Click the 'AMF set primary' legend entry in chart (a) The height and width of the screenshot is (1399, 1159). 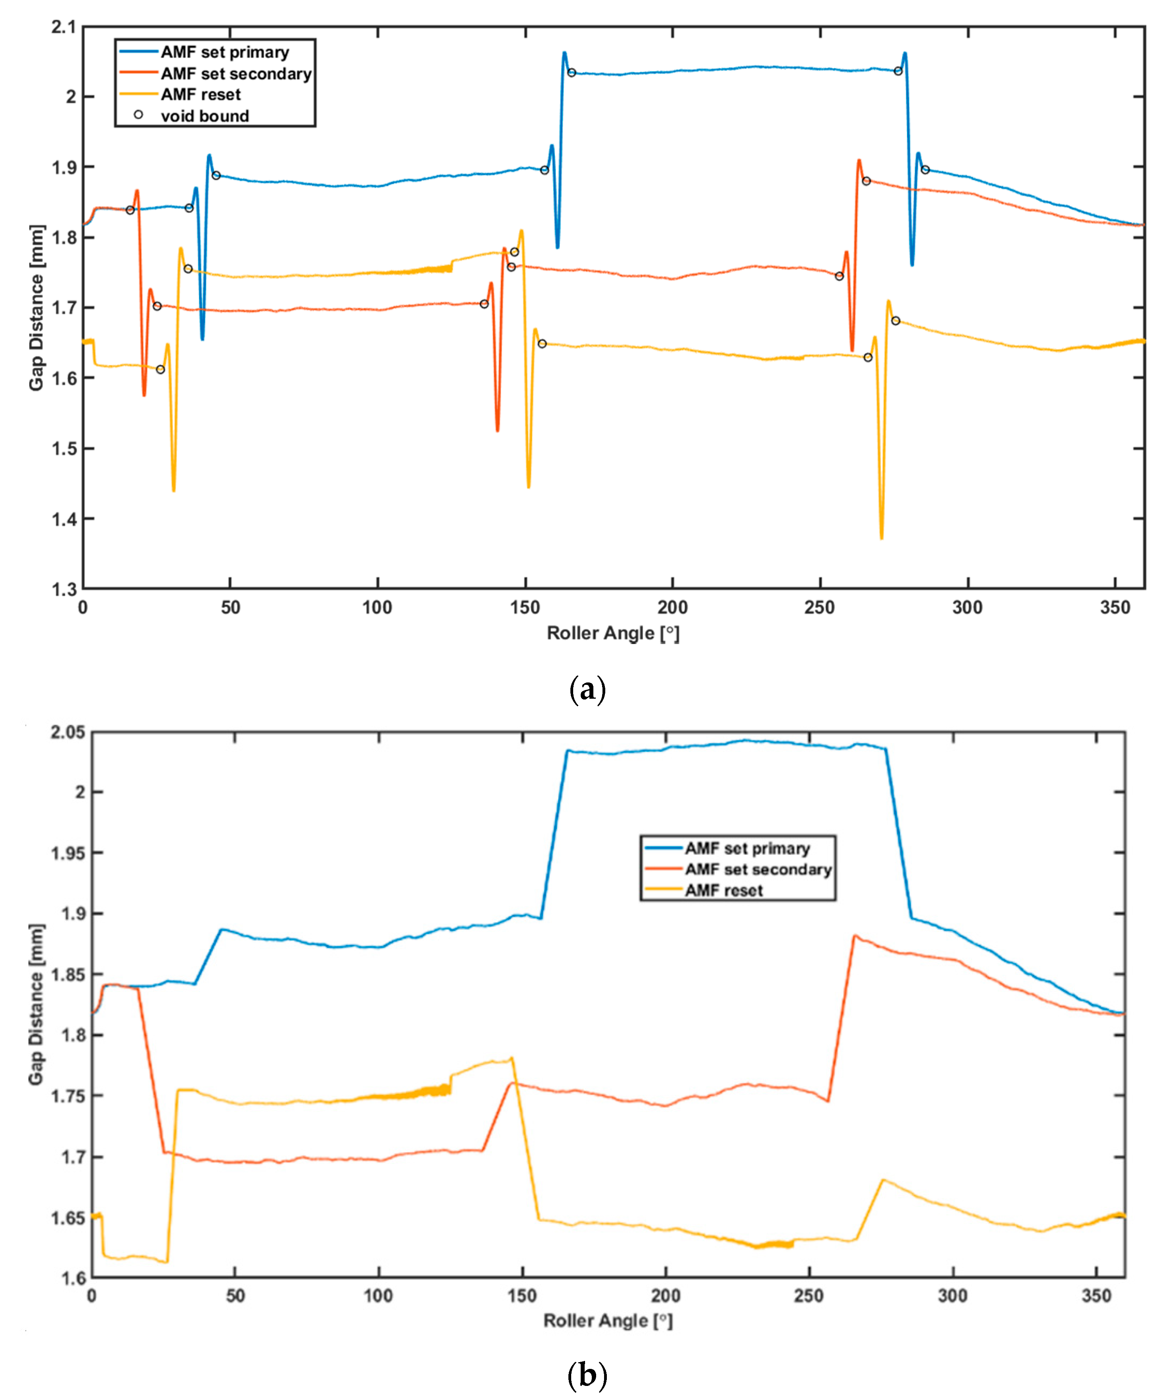225,52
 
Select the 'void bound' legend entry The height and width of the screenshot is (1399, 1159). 205,116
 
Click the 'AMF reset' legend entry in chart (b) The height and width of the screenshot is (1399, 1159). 723,891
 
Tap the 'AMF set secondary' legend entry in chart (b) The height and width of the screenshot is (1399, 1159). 758,870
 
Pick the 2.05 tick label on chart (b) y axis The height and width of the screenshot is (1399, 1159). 68,732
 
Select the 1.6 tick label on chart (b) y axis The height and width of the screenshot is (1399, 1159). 72,1278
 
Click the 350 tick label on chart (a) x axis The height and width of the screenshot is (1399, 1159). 1114,608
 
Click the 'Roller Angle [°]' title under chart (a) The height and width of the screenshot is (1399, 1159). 612,633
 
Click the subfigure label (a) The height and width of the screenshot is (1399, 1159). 587,690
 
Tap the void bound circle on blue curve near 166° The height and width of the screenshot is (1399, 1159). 571,73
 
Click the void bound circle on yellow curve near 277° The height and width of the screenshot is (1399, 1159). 896,321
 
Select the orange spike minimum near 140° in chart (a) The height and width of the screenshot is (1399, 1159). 497,430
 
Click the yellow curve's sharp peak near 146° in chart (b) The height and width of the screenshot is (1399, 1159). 511,1058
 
